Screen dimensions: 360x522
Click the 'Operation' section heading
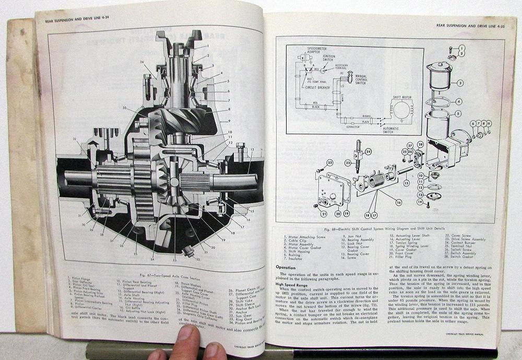pyautogui.click(x=289, y=268)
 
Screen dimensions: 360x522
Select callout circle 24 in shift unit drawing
pyautogui.click(x=369, y=153)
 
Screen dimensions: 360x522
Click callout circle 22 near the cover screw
pyautogui.click(x=329, y=163)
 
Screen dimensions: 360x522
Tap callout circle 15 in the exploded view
pyautogui.click(x=405, y=183)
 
